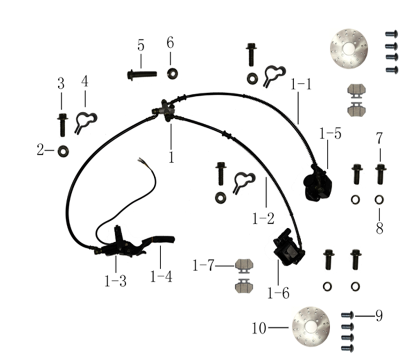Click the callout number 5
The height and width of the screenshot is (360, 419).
click(x=141, y=46)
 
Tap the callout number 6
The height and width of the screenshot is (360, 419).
click(x=170, y=43)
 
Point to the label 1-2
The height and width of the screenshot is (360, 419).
click(x=263, y=219)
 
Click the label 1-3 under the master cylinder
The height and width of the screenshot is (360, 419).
click(x=116, y=281)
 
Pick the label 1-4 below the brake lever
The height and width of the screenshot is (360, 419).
click(x=161, y=277)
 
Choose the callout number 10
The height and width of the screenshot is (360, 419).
click(x=259, y=328)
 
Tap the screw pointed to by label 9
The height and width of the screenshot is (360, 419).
click(x=347, y=316)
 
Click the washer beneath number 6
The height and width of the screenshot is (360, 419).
click(x=172, y=74)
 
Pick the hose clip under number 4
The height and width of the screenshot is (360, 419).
click(x=86, y=122)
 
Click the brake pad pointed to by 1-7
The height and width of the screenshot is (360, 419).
click(x=244, y=266)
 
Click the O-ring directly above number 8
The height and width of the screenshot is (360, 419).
click(x=379, y=200)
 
